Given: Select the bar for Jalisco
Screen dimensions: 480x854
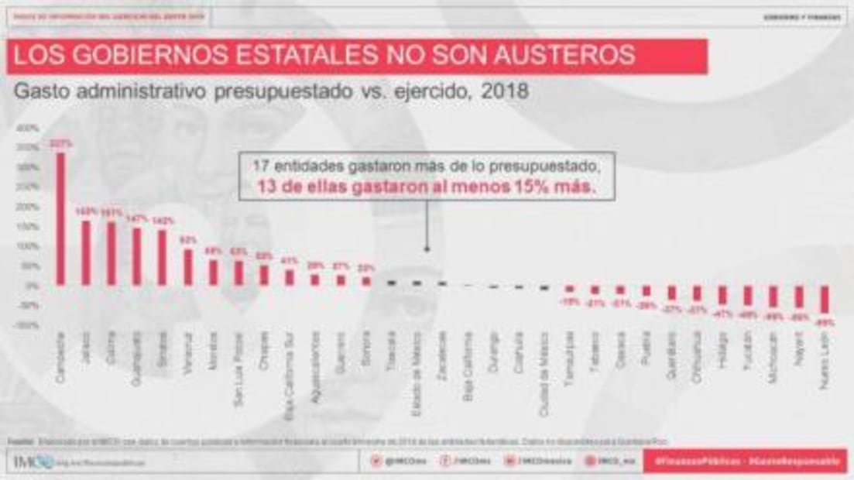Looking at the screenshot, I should tap(86, 252).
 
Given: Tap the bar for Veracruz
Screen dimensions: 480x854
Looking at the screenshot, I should tap(188, 266).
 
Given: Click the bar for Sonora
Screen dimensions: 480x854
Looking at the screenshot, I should tap(366, 281).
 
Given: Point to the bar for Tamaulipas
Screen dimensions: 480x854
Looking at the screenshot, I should tap(570, 289).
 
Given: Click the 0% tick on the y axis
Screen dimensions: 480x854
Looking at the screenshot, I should tap(31, 286).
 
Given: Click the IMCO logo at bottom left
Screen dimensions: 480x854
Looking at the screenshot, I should tap(33, 461).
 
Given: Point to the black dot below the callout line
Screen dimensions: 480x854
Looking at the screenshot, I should tap(425, 250).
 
